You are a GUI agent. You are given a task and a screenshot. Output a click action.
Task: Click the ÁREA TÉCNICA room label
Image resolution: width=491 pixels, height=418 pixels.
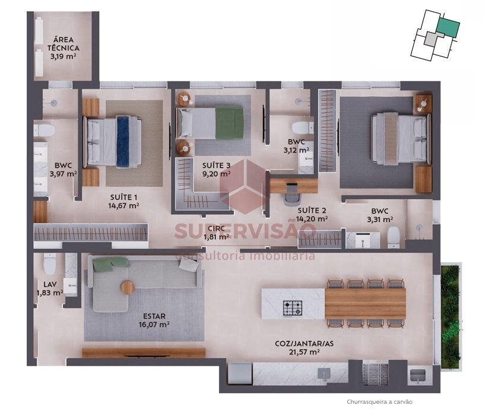click(x=64, y=44)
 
